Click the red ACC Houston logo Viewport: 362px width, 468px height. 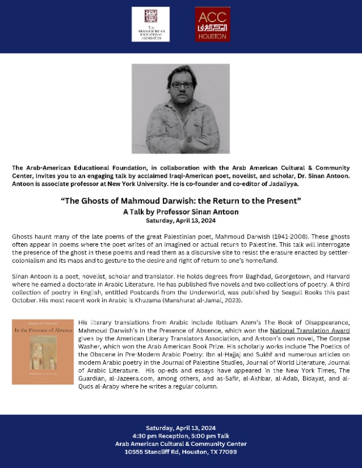click(213, 25)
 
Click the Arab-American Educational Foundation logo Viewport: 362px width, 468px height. click(151, 25)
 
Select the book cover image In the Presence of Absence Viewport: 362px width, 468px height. click(43, 351)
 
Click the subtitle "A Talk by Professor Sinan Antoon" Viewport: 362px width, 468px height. click(181, 212)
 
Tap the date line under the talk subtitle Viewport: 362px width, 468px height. click(181, 221)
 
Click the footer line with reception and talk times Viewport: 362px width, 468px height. click(181, 436)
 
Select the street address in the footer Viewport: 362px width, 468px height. click(181, 452)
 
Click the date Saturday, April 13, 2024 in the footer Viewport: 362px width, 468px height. click(181, 428)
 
